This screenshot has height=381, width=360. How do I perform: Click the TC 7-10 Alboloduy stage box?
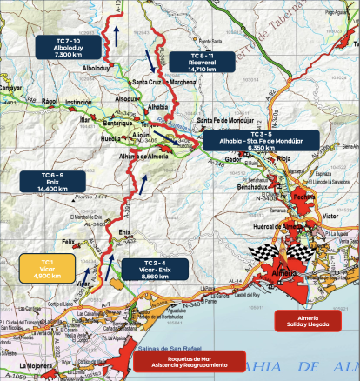coord(59,48)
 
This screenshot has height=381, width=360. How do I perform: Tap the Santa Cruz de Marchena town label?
coord(165,83)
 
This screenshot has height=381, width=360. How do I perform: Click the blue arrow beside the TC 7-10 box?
coord(112,35)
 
